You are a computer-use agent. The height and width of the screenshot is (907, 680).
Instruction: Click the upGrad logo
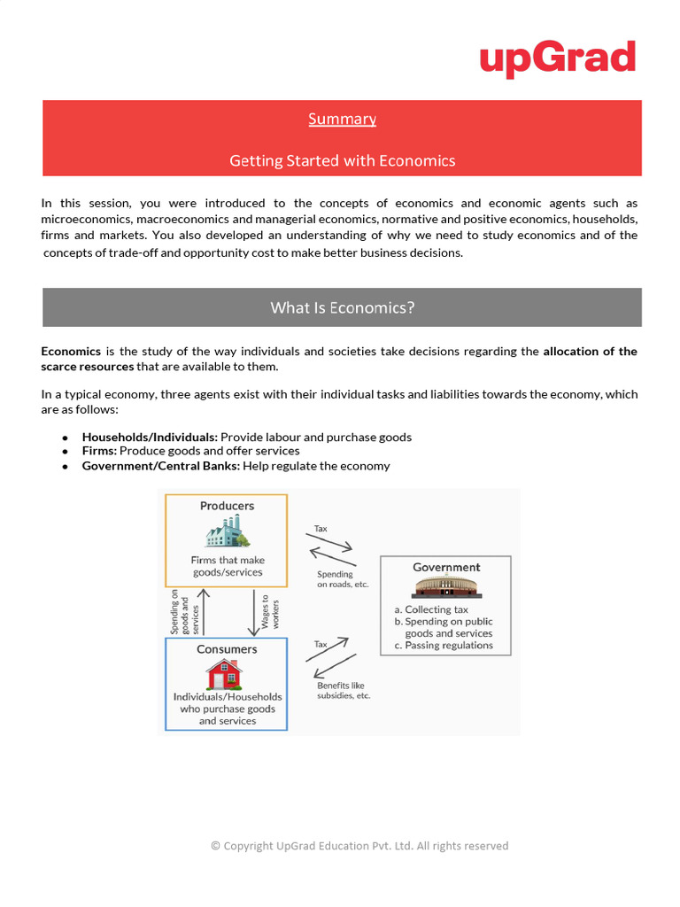point(558,58)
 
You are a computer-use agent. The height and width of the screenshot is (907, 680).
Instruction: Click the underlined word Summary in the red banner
point(342,119)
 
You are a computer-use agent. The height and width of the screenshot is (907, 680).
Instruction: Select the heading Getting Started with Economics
point(342,160)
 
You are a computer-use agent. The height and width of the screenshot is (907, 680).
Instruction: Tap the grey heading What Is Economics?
point(342,307)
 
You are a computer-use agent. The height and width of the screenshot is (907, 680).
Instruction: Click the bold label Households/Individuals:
point(150,437)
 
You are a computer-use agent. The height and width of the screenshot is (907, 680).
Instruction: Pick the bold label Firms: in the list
point(99,451)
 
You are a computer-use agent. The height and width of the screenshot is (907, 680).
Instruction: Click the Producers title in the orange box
point(227,506)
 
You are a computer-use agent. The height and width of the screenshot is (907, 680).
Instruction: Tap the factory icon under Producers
point(228,532)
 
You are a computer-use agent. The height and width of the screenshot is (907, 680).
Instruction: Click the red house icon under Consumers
point(225,675)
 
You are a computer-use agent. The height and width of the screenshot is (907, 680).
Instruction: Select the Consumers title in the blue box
point(227,649)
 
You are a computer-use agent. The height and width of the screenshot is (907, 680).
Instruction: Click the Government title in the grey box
point(446,567)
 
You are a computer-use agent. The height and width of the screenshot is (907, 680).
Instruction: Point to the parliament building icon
point(446,587)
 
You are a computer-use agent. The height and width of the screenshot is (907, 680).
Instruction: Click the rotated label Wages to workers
point(269,612)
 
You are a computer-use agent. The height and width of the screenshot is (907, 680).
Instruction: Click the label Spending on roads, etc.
point(342,579)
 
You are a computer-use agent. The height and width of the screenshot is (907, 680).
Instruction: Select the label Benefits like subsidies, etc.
point(344,690)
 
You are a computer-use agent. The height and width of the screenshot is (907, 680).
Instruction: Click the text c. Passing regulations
point(444,645)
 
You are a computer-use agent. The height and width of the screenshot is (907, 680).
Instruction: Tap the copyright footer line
point(359,846)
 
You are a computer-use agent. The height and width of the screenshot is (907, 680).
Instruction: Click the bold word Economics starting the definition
point(71,352)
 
